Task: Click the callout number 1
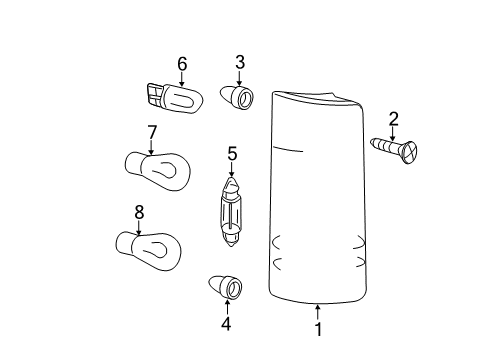click(319, 329)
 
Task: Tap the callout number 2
click(393, 119)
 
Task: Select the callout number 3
click(240, 62)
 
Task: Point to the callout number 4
click(226, 324)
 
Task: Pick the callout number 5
click(232, 154)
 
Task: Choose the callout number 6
click(182, 64)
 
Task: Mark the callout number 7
click(152, 133)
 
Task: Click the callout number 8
click(139, 212)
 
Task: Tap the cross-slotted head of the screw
click(410, 153)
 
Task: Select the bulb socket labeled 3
click(237, 97)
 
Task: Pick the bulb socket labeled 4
click(225, 287)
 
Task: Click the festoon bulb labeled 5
click(231, 212)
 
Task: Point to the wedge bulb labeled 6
click(175, 98)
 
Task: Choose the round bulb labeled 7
click(158, 171)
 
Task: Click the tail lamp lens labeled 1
click(317, 197)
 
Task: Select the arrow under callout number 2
click(393, 134)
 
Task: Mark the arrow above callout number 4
click(227, 307)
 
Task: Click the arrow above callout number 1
click(318, 313)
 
